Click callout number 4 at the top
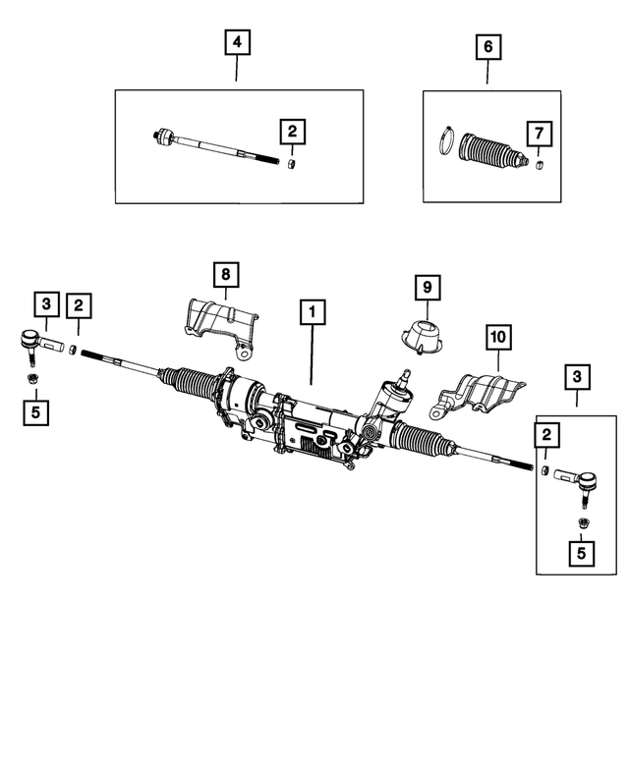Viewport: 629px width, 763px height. [x=237, y=44]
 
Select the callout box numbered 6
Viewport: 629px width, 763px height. [x=488, y=46]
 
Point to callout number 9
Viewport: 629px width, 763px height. [x=427, y=288]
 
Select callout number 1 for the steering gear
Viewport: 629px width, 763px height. [x=313, y=313]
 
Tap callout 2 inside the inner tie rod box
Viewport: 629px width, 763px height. [x=291, y=131]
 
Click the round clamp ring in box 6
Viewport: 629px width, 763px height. [x=445, y=142]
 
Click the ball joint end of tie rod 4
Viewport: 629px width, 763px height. [x=166, y=136]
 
